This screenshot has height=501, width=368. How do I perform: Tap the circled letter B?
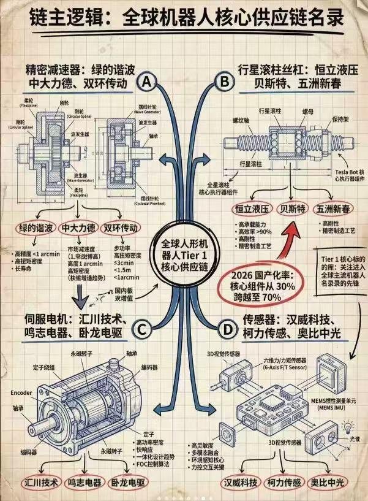(x=224, y=80)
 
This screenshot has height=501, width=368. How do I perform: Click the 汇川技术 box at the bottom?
(x=41, y=482)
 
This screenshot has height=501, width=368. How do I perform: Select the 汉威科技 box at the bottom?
(x=241, y=482)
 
